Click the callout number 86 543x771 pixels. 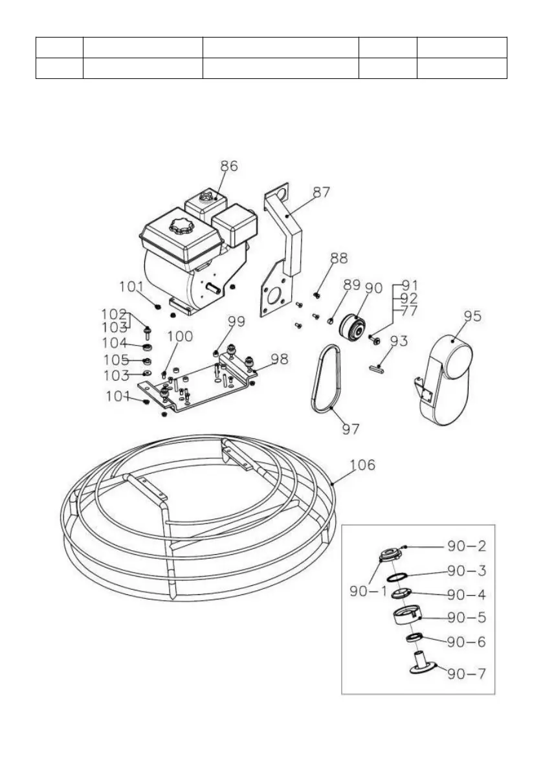click(x=228, y=166)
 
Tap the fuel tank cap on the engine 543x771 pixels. click(x=179, y=227)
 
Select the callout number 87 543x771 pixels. click(x=321, y=192)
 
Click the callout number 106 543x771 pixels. click(x=363, y=465)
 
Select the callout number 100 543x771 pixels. click(x=180, y=336)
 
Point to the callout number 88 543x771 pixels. click(x=338, y=258)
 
